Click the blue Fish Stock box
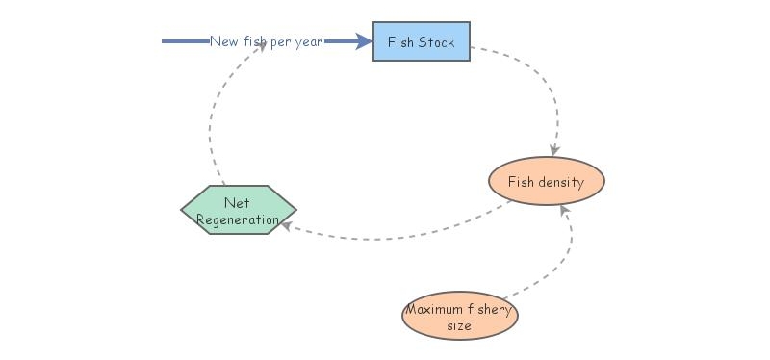[x=422, y=41]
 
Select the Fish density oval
[x=546, y=182]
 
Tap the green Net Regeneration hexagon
[x=239, y=210]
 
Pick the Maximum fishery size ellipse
[x=459, y=317]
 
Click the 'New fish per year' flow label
[x=267, y=41]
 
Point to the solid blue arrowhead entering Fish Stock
[x=364, y=41]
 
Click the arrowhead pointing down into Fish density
[x=554, y=150]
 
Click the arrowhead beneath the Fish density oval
[x=565, y=212]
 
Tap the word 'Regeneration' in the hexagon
[x=238, y=219]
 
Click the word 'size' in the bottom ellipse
[x=459, y=326]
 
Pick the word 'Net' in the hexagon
[x=237, y=202]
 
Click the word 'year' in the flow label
[x=308, y=41]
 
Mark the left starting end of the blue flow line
[x=164, y=41]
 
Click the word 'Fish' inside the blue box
[x=401, y=41]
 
